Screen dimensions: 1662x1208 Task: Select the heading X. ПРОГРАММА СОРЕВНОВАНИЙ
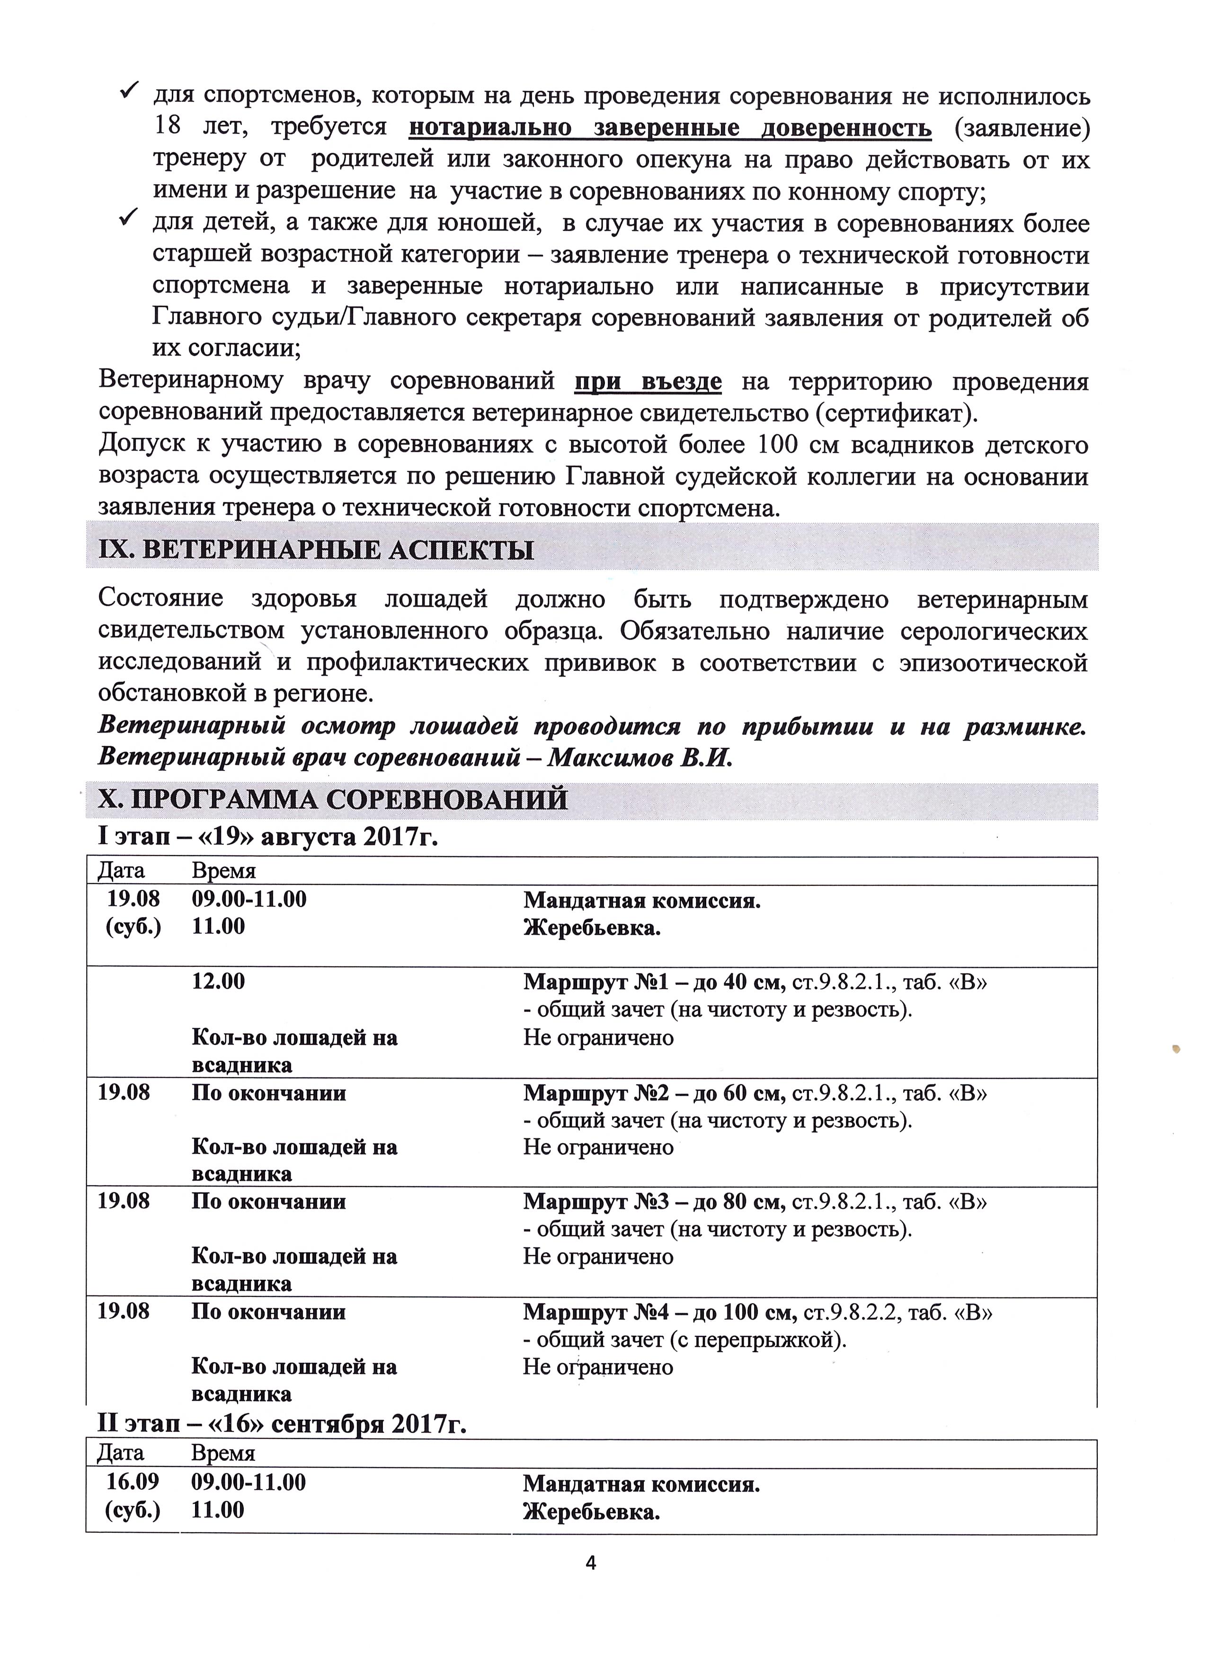(333, 799)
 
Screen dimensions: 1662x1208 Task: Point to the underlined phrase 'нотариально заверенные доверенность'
(670, 127)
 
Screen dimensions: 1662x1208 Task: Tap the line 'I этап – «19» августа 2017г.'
(268, 836)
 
